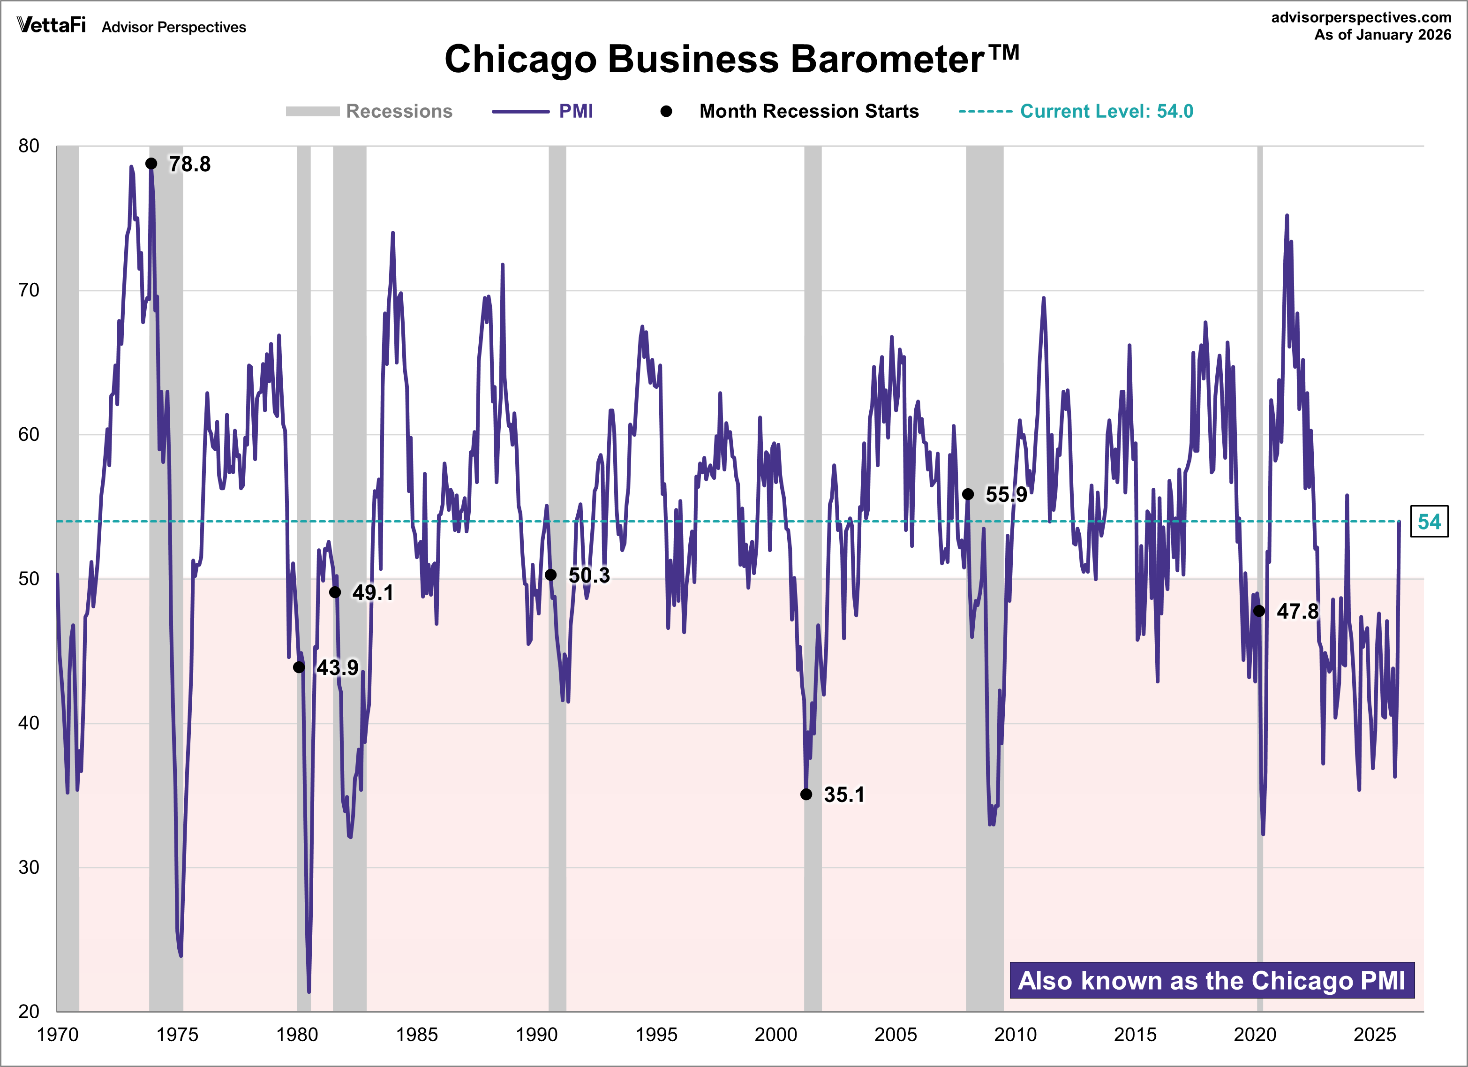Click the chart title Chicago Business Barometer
coord(731,60)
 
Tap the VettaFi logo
coord(51,25)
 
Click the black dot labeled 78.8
coord(151,164)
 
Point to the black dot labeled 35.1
coord(806,795)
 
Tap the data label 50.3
coord(589,575)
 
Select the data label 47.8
coord(1297,611)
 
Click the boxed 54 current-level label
coord(1429,522)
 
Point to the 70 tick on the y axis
coord(29,290)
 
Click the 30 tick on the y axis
coord(29,867)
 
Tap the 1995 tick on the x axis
coord(656,1035)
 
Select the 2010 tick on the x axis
coord(1015,1035)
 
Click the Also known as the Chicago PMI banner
coord(1212,981)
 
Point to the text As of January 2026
coord(1383,35)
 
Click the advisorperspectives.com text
coord(1361,17)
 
